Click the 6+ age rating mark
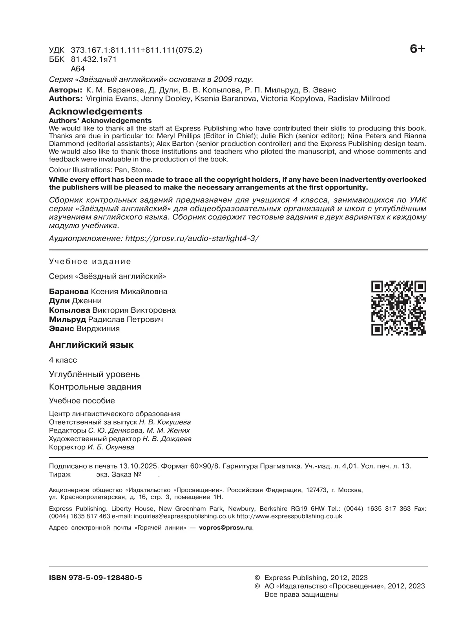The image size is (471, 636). click(x=417, y=49)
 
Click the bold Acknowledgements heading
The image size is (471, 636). click(x=95, y=112)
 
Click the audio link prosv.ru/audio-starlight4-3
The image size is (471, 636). click(x=192, y=238)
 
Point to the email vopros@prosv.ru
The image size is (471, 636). click(x=226, y=528)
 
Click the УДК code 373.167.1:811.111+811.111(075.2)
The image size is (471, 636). click(x=137, y=50)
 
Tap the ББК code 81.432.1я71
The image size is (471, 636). click(x=94, y=59)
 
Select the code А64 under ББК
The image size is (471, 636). click(x=78, y=69)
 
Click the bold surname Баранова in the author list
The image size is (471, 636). click(x=69, y=291)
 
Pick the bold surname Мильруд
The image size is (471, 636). click(x=67, y=319)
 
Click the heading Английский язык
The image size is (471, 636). click(x=91, y=345)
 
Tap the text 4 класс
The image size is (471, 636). click(x=63, y=360)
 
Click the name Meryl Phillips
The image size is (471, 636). click(x=173, y=136)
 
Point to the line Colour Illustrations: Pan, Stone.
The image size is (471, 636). click(x=100, y=170)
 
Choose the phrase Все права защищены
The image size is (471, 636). click(x=301, y=594)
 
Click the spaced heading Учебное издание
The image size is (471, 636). click(x=90, y=262)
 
